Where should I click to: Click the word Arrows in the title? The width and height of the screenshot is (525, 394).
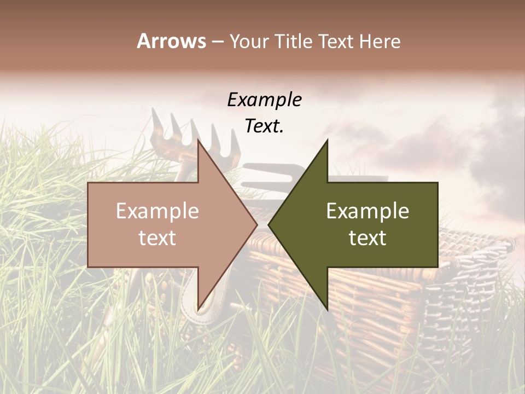pyautogui.click(x=171, y=41)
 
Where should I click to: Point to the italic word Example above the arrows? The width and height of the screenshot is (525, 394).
pyautogui.click(x=264, y=100)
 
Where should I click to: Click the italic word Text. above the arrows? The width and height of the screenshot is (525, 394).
pyautogui.click(x=264, y=126)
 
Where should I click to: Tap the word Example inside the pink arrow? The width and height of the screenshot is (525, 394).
pyautogui.click(x=157, y=211)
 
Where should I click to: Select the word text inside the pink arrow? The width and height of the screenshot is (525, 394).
pyautogui.click(x=157, y=238)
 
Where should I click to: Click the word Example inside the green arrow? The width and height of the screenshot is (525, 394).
pyautogui.click(x=367, y=211)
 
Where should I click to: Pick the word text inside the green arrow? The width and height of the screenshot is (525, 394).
pyautogui.click(x=367, y=238)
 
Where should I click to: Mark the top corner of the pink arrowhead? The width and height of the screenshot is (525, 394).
pyautogui.click(x=199, y=141)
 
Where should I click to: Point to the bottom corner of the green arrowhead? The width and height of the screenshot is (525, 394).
pyautogui.click(x=327, y=308)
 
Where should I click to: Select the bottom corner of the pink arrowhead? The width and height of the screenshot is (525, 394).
pyautogui.click(x=199, y=308)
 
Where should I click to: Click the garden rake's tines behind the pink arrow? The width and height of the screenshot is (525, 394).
pyautogui.click(x=180, y=131)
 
